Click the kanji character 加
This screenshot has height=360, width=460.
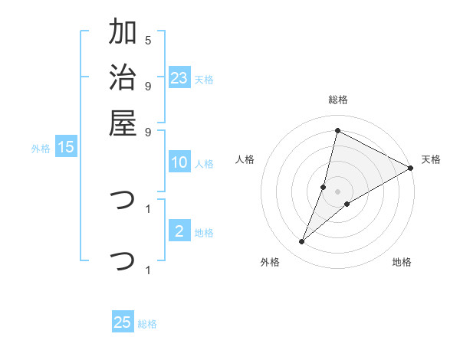tap(123, 33)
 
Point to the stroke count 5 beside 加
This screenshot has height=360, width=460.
tap(148, 40)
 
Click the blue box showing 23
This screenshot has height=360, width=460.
tap(179, 78)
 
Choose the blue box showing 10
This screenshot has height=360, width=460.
tap(179, 162)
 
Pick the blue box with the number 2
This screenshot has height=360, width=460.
tap(179, 231)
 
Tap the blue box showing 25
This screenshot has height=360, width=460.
tap(123, 322)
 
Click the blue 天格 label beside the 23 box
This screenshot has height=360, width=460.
tap(204, 80)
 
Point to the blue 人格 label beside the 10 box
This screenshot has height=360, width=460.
tap(204, 163)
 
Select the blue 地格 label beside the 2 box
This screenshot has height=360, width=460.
tap(204, 233)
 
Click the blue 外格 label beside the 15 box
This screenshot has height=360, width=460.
tap(41, 149)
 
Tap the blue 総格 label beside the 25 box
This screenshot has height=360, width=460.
tap(147, 324)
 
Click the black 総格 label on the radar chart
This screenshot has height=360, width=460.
tap(337, 100)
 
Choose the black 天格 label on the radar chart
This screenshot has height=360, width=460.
tap(431, 159)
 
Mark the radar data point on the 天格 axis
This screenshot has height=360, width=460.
tap(410, 168)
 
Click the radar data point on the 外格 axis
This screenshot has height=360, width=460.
tap(302, 242)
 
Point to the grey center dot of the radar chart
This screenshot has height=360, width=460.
tap(337, 191)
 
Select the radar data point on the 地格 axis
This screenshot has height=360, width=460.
tap(347, 204)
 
